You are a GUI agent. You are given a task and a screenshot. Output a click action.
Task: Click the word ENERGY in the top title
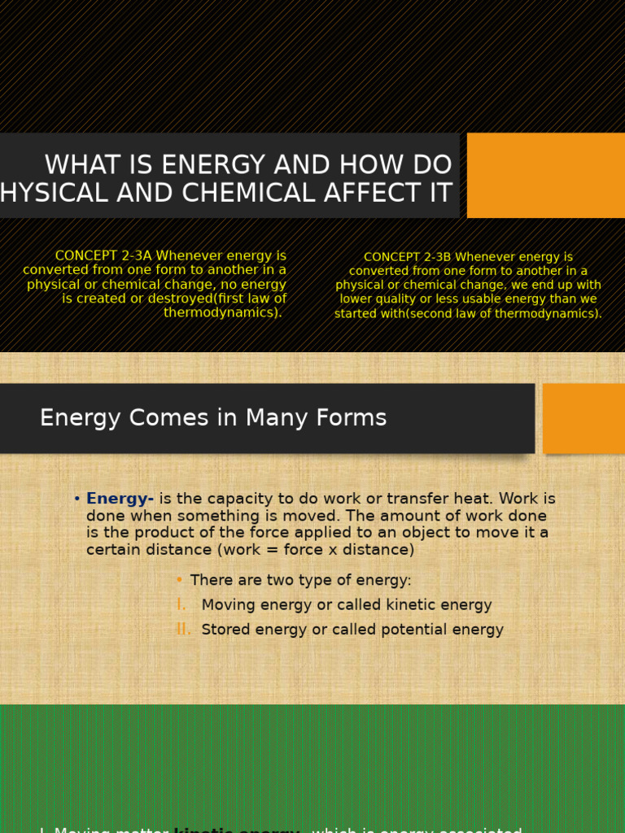point(208,165)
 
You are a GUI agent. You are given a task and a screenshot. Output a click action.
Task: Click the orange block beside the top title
point(545,175)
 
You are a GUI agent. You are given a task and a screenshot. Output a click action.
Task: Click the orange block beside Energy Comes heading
point(583,418)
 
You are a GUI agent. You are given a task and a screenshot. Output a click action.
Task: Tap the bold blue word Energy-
point(120,499)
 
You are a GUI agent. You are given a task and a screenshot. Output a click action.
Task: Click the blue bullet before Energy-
point(76,499)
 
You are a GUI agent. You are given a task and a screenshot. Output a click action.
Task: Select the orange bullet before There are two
point(179,580)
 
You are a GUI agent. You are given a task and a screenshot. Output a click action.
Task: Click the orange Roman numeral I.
point(181,604)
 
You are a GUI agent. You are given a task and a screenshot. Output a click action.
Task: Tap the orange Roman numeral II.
point(183,629)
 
